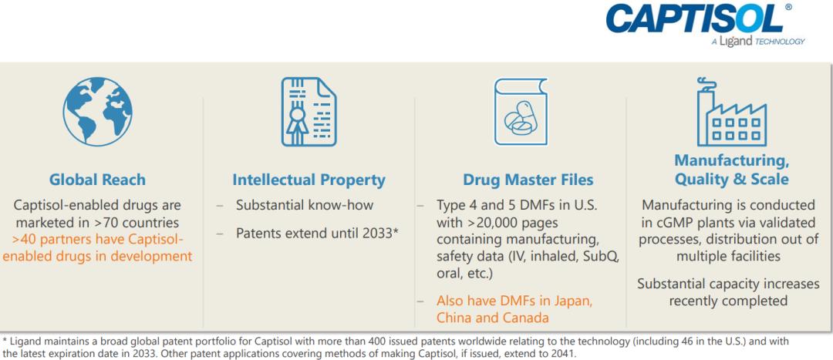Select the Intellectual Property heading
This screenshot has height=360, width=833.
pos(309,180)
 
